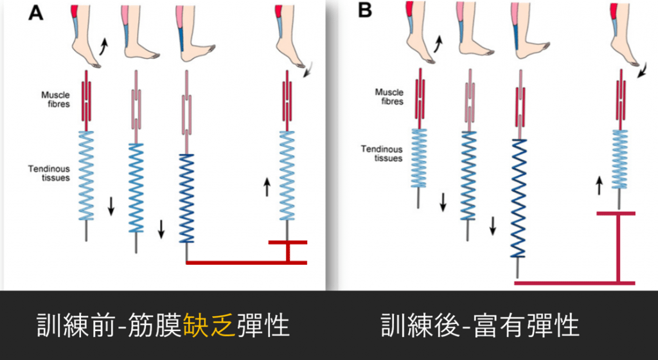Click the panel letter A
tap(35, 14)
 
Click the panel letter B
tap(366, 11)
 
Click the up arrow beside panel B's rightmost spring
tap(599, 186)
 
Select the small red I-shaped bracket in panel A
tap(288, 251)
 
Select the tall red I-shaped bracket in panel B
tap(618, 248)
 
